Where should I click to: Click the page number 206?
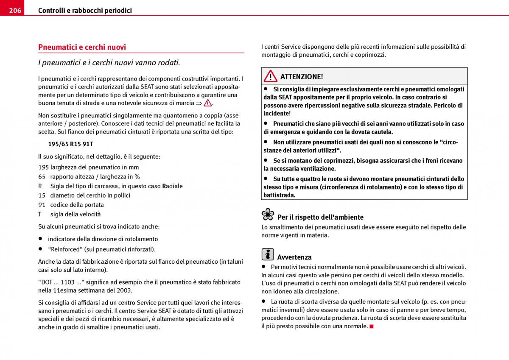click(x=15, y=10)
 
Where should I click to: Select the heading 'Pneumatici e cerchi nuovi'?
click(x=82, y=47)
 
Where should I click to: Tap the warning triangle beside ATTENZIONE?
click(x=270, y=76)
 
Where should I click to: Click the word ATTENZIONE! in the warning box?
click(x=302, y=77)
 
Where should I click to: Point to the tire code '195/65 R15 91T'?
click(x=70, y=144)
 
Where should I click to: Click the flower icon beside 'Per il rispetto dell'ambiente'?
click(x=268, y=215)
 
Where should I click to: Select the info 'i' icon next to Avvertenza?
click(x=268, y=254)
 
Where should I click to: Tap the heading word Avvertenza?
click(x=294, y=257)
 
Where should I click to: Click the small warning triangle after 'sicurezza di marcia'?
click(x=207, y=103)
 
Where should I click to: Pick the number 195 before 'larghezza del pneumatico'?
click(x=43, y=167)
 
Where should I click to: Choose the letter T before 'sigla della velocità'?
click(x=40, y=214)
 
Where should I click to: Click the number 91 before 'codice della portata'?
click(x=42, y=205)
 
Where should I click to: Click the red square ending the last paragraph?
click(x=372, y=326)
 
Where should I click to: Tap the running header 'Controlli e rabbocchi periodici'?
click(x=85, y=10)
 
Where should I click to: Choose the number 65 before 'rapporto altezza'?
click(x=42, y=177)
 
